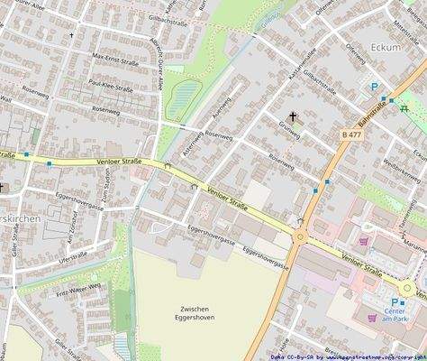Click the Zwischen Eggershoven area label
195,312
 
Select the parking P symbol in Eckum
375,87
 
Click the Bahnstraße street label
371,116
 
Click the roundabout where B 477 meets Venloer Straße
300,237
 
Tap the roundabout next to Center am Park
407,289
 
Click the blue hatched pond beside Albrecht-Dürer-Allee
186,94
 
